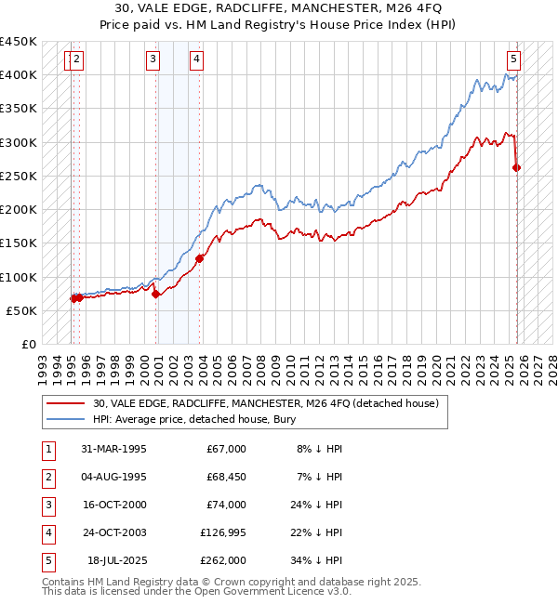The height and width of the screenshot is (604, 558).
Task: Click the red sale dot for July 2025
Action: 517,168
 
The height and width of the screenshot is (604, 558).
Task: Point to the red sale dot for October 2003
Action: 200,258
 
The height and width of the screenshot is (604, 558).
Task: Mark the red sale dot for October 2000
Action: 155,294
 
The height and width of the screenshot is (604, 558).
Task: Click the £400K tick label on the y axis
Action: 18,75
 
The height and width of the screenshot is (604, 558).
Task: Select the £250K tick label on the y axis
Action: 18,176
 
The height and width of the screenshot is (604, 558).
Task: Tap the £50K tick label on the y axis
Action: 21,310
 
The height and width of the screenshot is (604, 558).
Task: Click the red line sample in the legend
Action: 66,403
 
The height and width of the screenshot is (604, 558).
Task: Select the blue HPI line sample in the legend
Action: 66,419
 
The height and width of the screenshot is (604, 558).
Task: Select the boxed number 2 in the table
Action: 46,478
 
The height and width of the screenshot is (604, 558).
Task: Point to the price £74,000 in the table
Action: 225,506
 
